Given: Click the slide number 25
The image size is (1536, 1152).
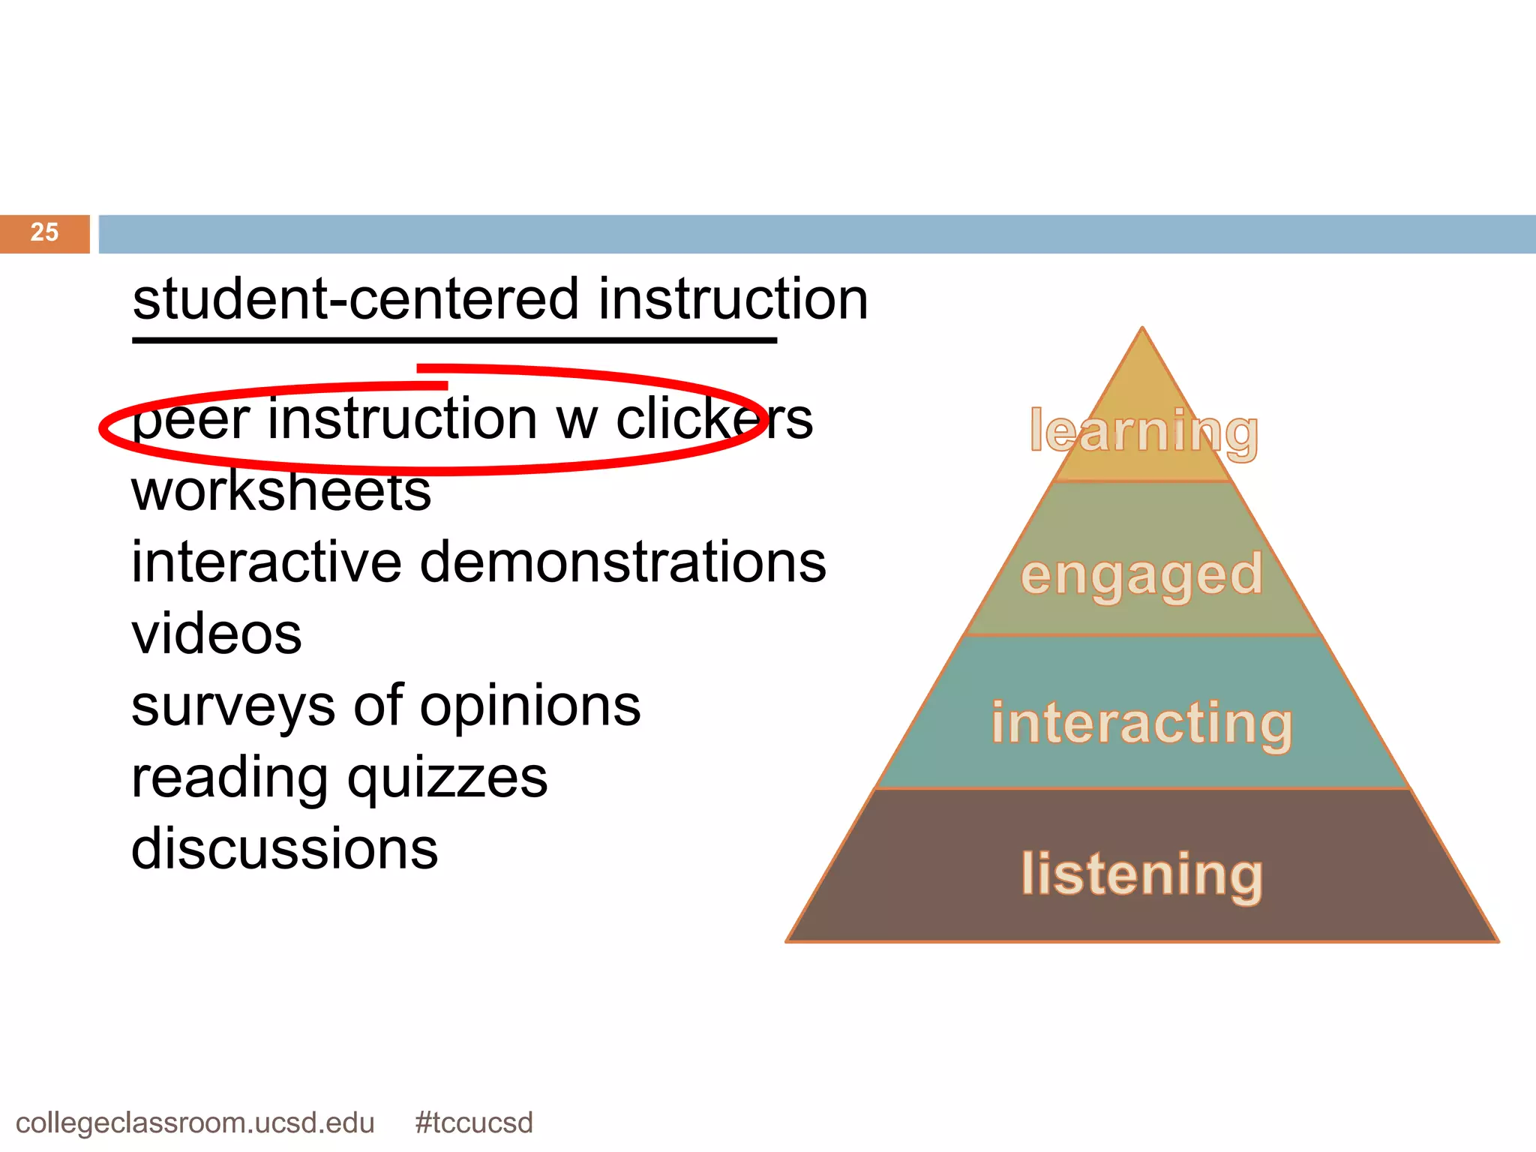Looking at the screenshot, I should (x=44, y=232).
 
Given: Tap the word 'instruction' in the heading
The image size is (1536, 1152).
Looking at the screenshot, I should (x=733, y=299).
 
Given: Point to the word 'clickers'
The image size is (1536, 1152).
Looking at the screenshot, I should (x=714, y=419).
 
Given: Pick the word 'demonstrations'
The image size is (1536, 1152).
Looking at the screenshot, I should (x=622, y=562).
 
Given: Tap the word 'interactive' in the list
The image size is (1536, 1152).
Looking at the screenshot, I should (x=266, y=562).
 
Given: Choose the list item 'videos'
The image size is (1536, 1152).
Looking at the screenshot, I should (x=217, y=634).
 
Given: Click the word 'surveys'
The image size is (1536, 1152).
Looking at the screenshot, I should (x=233, y=708).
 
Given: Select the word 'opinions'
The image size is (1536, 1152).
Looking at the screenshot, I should (x=530, y=708).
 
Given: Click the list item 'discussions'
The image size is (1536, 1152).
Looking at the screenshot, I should (x=284, y=849).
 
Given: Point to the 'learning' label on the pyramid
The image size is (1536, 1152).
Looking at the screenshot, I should (x=1144, y=432).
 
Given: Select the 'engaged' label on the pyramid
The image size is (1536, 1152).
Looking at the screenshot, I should (x=1141, y=576).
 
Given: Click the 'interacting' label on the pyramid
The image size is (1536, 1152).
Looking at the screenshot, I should (x=1141, y=723).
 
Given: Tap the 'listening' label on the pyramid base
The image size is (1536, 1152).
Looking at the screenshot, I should (x=1141, y=874).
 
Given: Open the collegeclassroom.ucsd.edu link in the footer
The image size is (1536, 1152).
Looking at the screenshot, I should (x=195, y=1123).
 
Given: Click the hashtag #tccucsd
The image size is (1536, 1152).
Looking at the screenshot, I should (x=473, y=1123).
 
